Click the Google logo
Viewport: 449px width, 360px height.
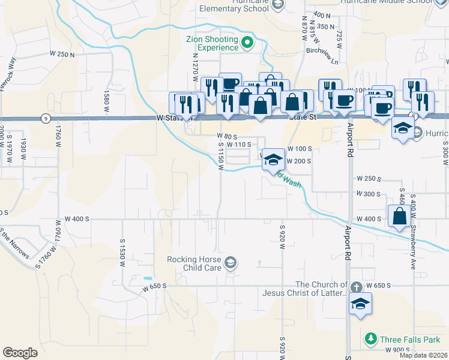[20, 353]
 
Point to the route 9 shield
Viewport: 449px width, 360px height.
[46, 118]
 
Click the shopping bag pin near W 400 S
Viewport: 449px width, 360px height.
[400, 216]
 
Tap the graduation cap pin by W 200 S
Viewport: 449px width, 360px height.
[273, 160]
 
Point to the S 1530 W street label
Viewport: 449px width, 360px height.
[122, 247]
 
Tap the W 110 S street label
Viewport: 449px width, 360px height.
[238, 145]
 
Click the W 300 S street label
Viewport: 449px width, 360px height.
[369, 194]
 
